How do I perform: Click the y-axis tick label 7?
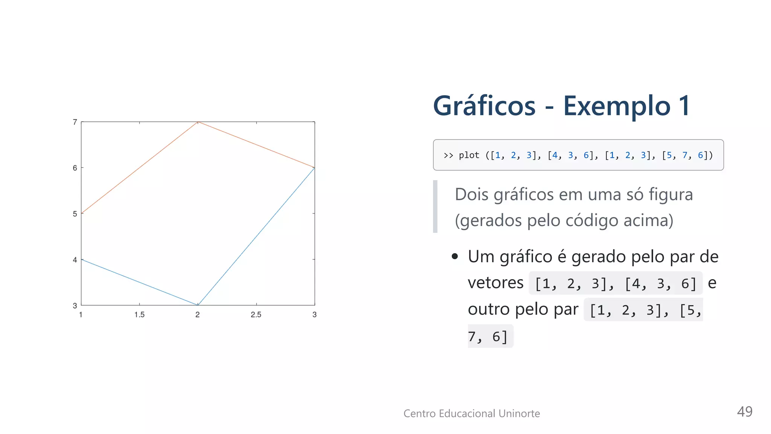pos(75,122)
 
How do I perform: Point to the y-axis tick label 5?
pos(75,214)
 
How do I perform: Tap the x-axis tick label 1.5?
pos(139,315)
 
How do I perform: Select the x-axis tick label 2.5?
pos(256,315)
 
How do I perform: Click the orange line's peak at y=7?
pos(198,122)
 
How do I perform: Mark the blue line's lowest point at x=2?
pos(198,305)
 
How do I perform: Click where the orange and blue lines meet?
pos(314,168)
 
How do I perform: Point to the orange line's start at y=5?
pos(82,214)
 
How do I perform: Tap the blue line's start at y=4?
pos(82,260)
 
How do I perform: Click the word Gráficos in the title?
pos(484,106)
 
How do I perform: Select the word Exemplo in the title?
pos(617,106)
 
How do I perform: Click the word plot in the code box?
pos(469,155)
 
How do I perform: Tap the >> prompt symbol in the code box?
pos(448,155)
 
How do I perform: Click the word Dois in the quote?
pos(471,195)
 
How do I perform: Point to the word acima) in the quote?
pos(648,220)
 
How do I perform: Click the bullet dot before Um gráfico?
pos(455,257)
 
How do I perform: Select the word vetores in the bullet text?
pos(495,283)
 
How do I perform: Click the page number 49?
pos(744,411)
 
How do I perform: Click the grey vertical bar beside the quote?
pos(435,206)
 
